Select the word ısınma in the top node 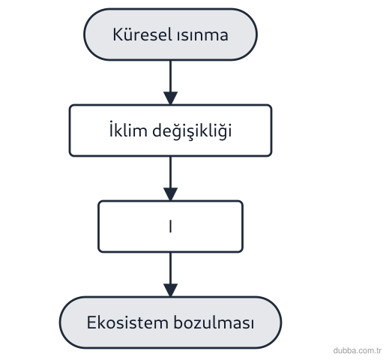click(202, 35)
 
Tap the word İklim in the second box click(128, 130)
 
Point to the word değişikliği click(192, 130)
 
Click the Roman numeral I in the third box click(170, 226)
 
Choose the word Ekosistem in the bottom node click(127, 322)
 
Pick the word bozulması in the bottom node click(214, 322)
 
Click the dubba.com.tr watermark click(358, 350)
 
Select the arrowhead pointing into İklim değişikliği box click(171, 98)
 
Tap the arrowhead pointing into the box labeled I click(171, 194)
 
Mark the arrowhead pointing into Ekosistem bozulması click(171, 290)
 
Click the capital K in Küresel click(118, 34)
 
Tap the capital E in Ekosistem click(91, 322)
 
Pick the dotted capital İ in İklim click(111, 129)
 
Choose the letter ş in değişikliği click(191, 133)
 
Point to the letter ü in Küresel click(129, 35)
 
